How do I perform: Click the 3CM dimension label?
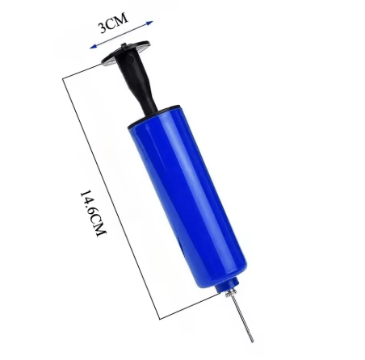click(113, 23)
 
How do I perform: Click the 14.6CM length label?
click(94, 213)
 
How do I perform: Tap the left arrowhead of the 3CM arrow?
click(94, 46)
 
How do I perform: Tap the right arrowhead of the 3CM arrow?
click(149, 23)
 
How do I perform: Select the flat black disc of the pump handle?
click(125, 52)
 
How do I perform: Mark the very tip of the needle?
click(253, 342)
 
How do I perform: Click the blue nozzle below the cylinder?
click(227, 286)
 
